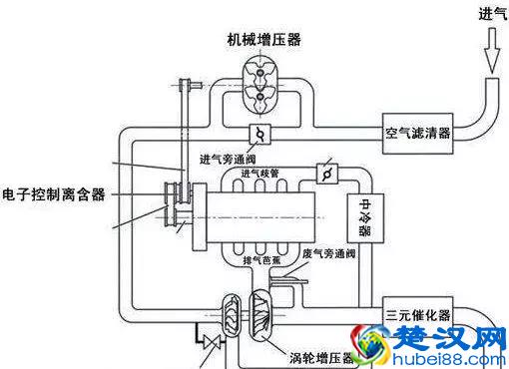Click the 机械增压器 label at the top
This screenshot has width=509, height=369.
tap(264, 39)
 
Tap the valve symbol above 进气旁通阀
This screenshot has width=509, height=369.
tap(257, 134)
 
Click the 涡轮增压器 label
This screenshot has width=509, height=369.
tap(320, 357)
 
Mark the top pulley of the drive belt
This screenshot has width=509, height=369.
tap(185, 87)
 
